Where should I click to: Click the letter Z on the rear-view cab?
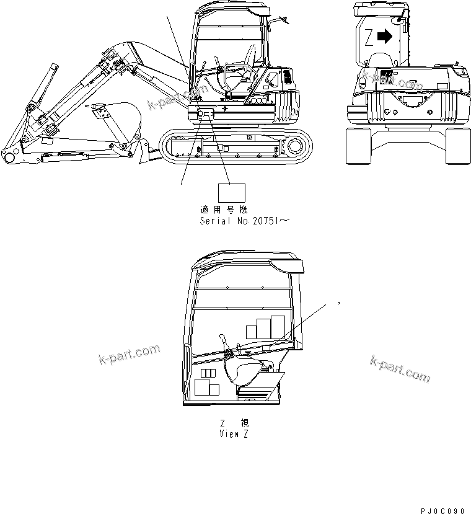click(x=369, y=37)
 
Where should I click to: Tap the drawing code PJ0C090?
click(x=442, y=510)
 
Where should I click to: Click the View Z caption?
click(x=234, y=433)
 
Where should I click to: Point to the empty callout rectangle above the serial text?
click(x=231, y=193)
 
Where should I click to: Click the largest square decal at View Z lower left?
click(x=203, y=388)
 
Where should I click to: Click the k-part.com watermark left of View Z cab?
click(x=129, y=355)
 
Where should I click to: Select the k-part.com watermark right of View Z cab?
click(x=399, y=370)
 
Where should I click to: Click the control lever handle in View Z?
click(x=222, y=338)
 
